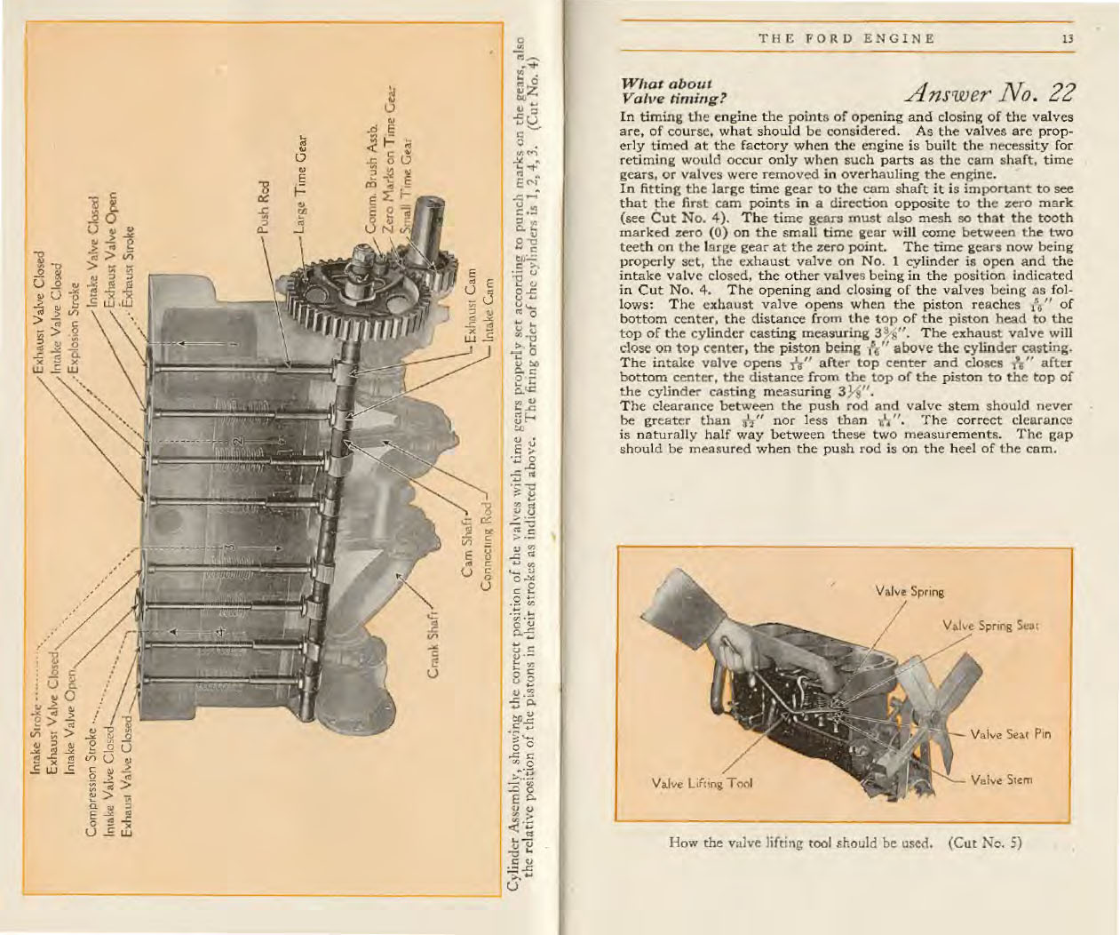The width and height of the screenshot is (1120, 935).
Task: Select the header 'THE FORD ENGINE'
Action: click(846, 37)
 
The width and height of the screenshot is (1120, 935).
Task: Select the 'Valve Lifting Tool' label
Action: click(702, 784)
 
